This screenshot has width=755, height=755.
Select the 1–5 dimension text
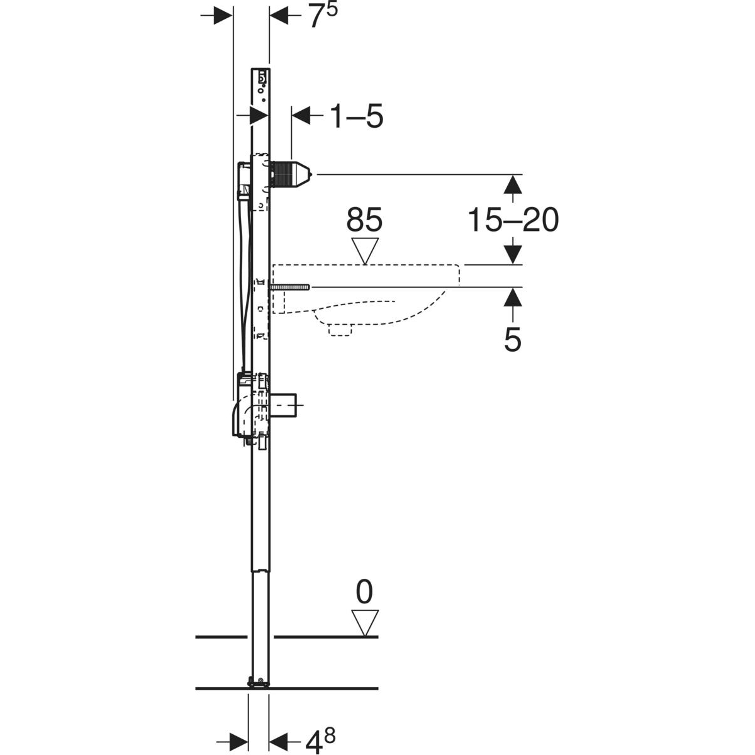356,116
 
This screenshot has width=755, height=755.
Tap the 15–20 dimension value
513,220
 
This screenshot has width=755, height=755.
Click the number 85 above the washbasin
364,220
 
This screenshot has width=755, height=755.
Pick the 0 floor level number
364,592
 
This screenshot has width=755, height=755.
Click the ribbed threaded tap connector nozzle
291,175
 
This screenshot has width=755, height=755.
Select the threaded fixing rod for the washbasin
289,287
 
